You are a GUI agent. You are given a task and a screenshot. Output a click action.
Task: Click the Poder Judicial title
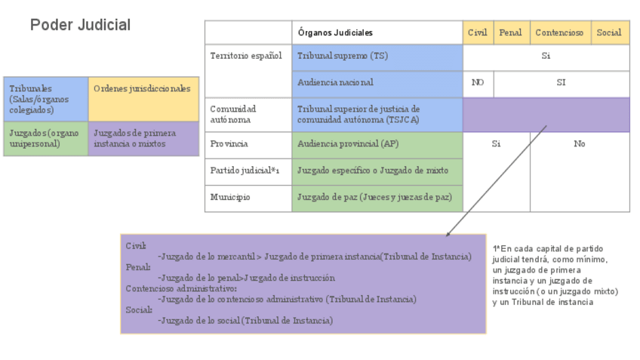(x=80, y=25)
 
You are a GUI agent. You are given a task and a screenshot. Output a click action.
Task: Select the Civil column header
(x=478, y=32)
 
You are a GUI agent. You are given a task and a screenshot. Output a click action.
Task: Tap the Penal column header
(x=510, y=32)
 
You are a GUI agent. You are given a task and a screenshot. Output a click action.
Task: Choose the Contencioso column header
(x=560, y=32)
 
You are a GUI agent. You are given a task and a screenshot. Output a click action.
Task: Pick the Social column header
(x=609, y=32)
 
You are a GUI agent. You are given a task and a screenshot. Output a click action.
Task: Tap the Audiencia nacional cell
(x=377, y=83)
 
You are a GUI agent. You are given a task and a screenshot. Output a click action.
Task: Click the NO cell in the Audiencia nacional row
(x=478, y=83)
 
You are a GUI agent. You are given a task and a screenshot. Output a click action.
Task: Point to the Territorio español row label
(x=247, y=56)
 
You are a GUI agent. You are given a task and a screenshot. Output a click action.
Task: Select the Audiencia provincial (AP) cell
(x=377, y=144)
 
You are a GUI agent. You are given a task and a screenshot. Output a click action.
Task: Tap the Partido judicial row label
(x=247, y=171)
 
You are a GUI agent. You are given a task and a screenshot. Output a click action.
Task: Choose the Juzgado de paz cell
(x=377, y=198)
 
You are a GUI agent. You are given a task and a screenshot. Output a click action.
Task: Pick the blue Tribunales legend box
(x=45, y=99)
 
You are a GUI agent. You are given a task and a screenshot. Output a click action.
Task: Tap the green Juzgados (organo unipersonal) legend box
(x=45, y=138)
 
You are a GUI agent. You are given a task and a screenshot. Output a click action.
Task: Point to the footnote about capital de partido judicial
(x=555, y=275)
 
